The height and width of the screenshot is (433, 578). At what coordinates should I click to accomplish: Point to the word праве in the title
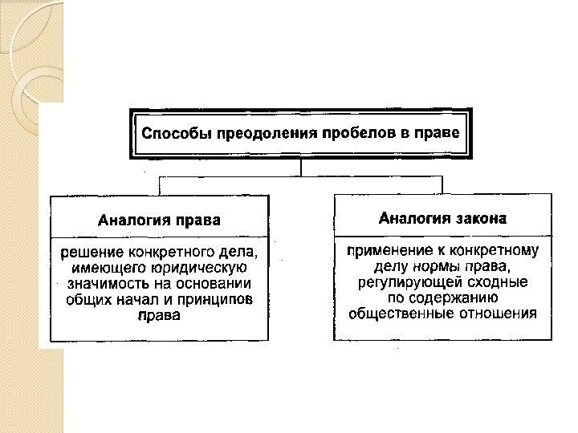coord(439,132)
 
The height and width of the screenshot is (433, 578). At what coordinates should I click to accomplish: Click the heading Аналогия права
coord(159,218)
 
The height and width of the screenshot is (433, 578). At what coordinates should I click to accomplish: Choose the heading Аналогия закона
coord(442,216)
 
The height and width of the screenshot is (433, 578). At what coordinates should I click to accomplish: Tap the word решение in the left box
coord(93,253)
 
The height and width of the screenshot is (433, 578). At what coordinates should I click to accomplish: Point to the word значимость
coord(107,284)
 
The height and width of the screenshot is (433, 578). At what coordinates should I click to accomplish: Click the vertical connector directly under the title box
coord(300,167)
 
